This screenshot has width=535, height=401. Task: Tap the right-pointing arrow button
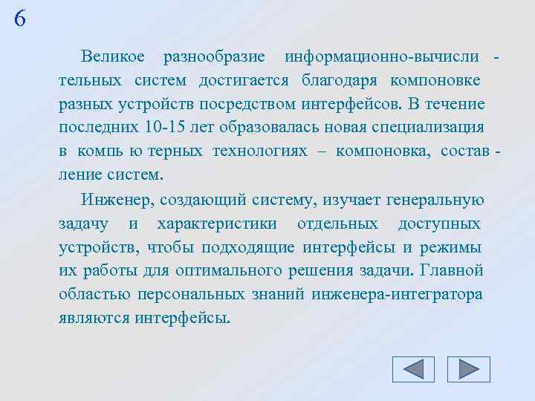tap(469, 369)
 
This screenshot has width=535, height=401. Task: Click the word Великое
tap(114, 56)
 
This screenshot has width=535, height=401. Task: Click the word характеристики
tap(217, 224)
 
